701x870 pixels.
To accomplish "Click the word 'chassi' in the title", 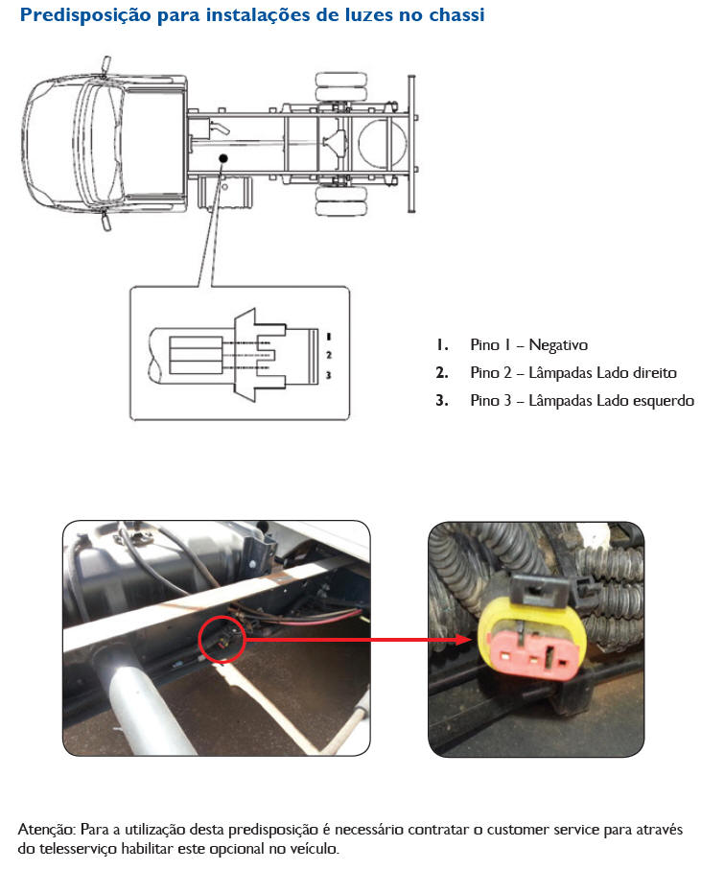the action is point(456,15).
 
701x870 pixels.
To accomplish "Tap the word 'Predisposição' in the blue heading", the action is point(85,16).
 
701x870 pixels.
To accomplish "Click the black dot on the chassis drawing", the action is point(223,158).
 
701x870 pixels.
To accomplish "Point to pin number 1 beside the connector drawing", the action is point(329,337).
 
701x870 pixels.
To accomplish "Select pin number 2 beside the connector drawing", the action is point(329,355).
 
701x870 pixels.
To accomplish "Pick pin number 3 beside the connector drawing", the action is point(328,375).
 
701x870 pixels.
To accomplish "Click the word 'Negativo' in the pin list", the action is point(558,344).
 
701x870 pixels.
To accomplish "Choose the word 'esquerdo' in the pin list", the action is point(664,401).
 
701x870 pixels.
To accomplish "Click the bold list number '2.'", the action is point(442,372).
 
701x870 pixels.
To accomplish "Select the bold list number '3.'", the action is point(442,400).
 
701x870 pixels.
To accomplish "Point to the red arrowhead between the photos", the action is point(463,639).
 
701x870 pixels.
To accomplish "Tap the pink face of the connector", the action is point(532,653).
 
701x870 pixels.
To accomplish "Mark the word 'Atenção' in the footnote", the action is point(47,830).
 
